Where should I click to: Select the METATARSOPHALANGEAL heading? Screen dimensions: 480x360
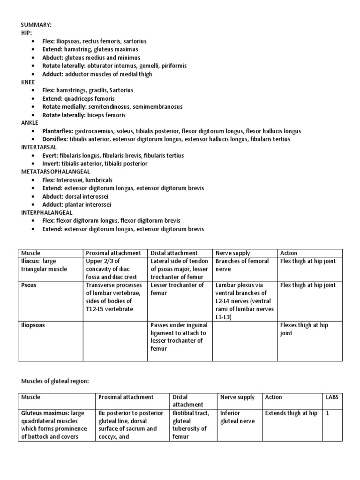[55, 172]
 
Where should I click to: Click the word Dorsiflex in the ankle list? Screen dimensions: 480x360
[54, 139]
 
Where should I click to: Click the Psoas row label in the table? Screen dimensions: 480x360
[30, 285]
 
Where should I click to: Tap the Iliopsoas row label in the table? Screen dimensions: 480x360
[33, 325]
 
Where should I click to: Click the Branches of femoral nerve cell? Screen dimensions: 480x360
[242, 265]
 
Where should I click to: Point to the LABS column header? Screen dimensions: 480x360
[332, 397]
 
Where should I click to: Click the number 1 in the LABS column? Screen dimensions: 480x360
[328, 413]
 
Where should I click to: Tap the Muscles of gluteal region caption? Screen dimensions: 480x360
[54, 381]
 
